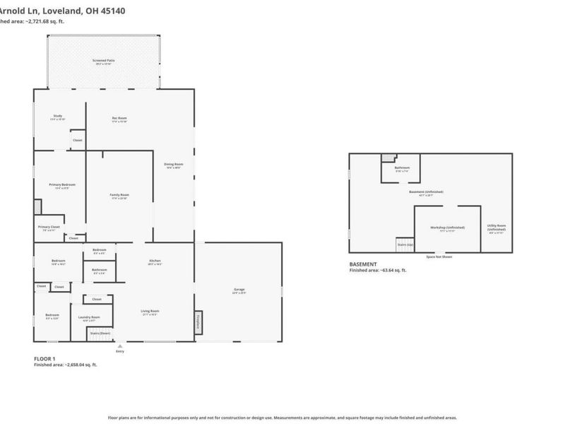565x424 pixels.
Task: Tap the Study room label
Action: [58, 117]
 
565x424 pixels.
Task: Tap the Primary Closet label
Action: [49, 227]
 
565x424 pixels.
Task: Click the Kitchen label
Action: [155, 261]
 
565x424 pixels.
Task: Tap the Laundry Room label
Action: [89, 317]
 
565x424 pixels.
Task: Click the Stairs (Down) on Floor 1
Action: [99, 332]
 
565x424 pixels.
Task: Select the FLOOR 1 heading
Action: [44, 359]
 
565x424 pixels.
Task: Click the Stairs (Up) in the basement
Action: [405, 244]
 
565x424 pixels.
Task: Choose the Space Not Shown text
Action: [439, 257]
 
